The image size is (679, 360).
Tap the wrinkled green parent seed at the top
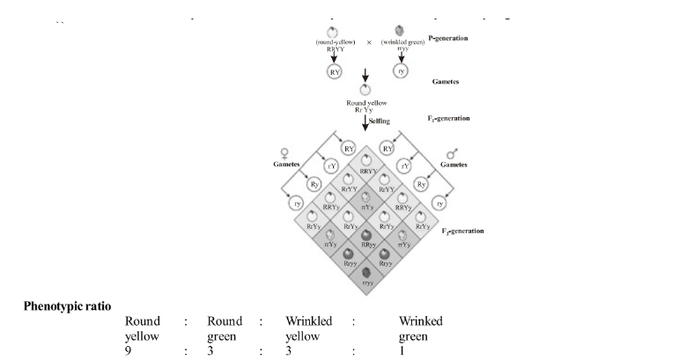(x=401, y=31)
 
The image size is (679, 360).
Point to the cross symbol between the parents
(x=369, y=42)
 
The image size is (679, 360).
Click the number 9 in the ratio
(x=128, y=349)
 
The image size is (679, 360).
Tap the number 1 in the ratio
(x=402, y=349)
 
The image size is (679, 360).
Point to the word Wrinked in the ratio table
(x=421, y=321)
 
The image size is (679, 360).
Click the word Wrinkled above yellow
(x=309, y=321)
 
